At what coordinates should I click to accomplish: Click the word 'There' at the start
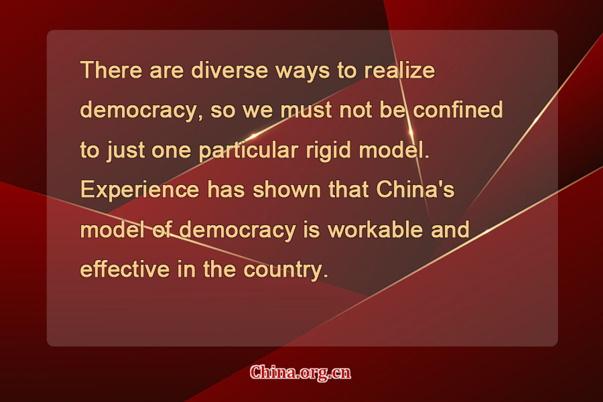pyautogui.click(x=111, y=70)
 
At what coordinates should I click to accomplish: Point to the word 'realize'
pyautogui.click(x=399, y=70)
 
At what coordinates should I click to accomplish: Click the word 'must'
pyautogui.click(x=306, y=110)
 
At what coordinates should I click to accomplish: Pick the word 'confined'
pyautogui.click(x=458, y=110)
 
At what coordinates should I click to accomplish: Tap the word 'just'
pyautogui.click(x=125, y=150)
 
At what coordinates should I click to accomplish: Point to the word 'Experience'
pyautogui.click(x=139, y=190)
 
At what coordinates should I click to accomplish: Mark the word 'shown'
pyautogui.click(x=287, y=190)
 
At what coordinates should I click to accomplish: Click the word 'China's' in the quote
pyautogui.click(x=415, y=189)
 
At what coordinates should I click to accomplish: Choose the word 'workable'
pyautogui.click(x=375, y=229)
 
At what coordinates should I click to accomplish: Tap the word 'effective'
pyautogui.click(x=125, y=269)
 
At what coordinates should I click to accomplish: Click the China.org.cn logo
pyautogui.click(x=300, y=373)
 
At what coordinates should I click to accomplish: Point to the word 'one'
pyautogui.click(x=171, y=151)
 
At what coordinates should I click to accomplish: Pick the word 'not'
pyautogui.click(x=355, y=111)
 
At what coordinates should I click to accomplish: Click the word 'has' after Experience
pyautogui.click(x=226, y=190)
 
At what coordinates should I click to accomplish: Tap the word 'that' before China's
pyautogui.click(x=348, y=190)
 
